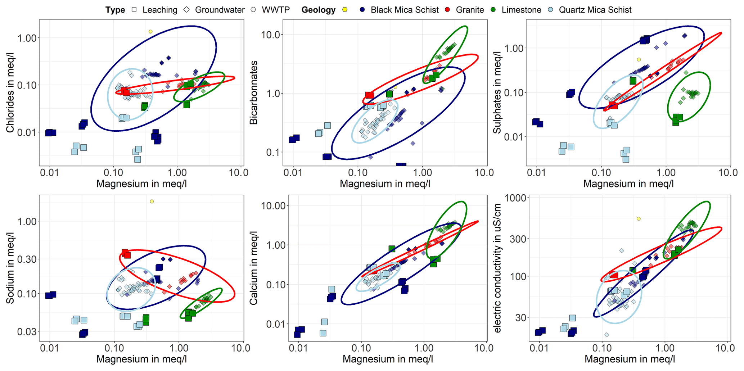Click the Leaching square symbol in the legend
coord(134,10)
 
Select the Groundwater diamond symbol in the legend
coord(186,10)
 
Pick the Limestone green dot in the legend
coord(493,10)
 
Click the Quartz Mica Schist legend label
coord(595,10)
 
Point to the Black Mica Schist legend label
coord(405,10)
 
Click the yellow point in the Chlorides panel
coord(150,32)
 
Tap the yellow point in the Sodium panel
coord(152,202)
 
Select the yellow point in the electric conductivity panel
coord(639,219)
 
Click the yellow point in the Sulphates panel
coord(639,60)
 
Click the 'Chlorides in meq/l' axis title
coord(10,92)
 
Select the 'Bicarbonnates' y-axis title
coord(254,92)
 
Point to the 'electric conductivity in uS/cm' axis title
coord(497,268)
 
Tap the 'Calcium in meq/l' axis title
coord(254,268)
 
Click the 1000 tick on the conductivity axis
coord(515,198)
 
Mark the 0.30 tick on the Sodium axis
coord(27,259)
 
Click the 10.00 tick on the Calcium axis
coord(273,206)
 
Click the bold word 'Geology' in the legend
coord(318,10)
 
